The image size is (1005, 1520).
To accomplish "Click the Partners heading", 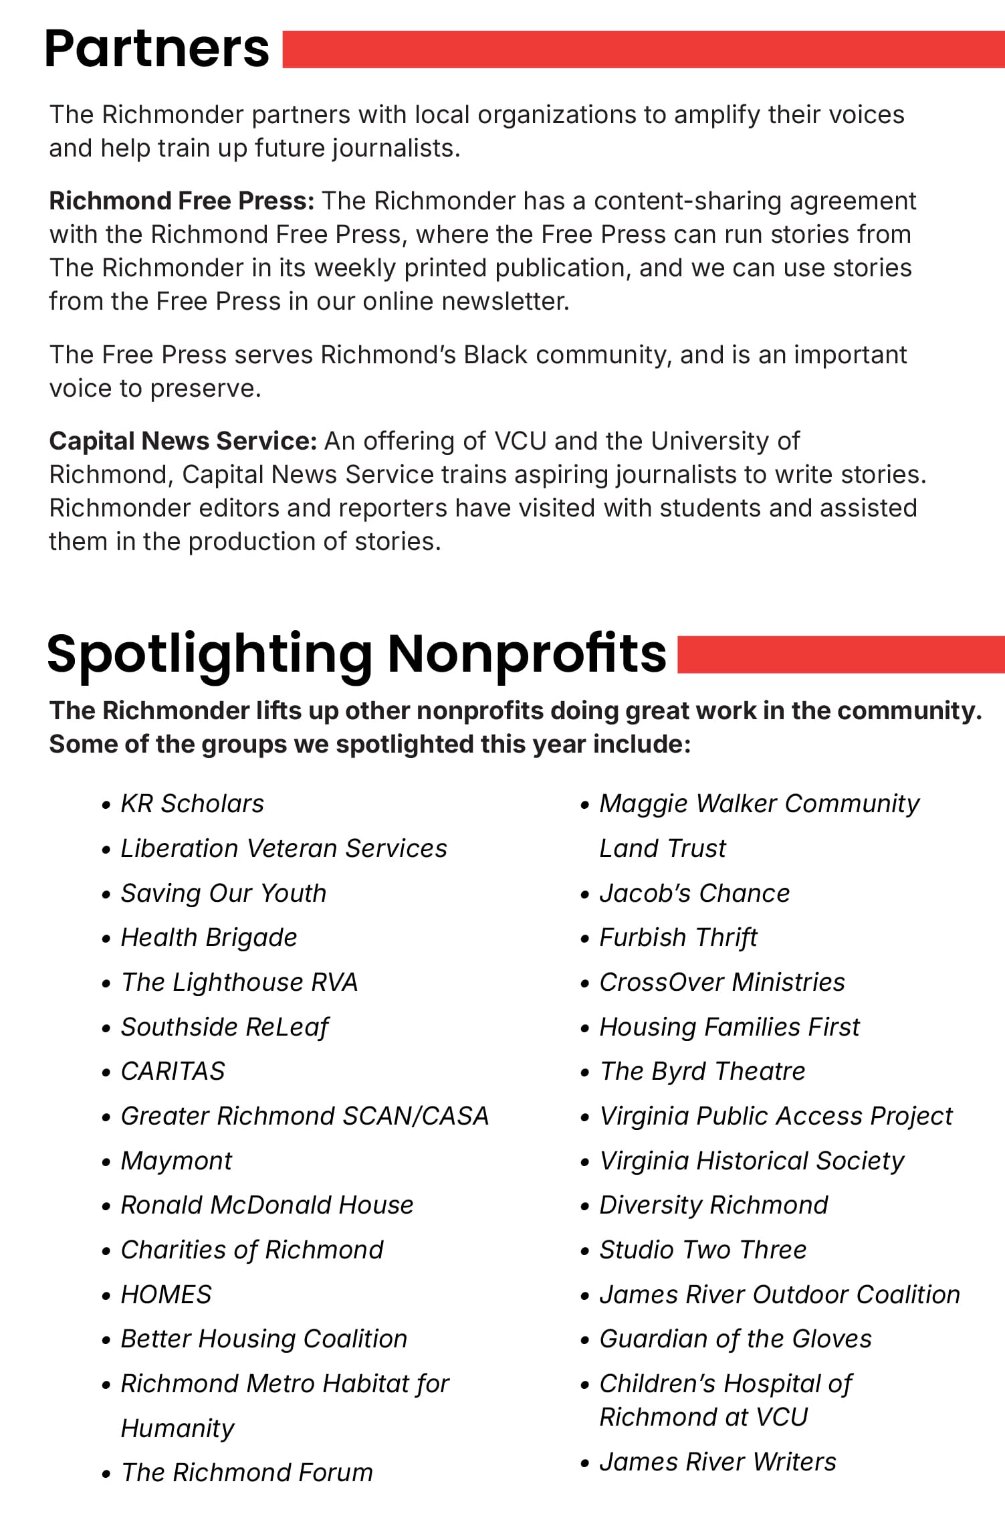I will (156, 49).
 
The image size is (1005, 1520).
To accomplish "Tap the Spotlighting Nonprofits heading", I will (356, 654).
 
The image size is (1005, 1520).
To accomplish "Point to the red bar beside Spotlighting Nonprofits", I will (840, 654).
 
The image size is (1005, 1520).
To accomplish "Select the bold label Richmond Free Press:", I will (182, 201).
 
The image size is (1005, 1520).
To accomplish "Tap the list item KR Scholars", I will (192, 803).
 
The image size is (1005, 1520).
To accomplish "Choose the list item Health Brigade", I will (209, 937).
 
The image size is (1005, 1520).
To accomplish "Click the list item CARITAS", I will (173, 1071).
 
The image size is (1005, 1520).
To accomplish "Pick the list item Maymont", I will (176, 1161).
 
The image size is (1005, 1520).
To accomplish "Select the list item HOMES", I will (166, 1295).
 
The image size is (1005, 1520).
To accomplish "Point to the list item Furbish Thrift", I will (678, 937).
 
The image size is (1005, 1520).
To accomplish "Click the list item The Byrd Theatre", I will (702, 1071).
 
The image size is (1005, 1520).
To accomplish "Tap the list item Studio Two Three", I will (703, 1250).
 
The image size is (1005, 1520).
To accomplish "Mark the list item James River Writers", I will (717, 1462).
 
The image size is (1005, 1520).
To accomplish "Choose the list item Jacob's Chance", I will (694, 893).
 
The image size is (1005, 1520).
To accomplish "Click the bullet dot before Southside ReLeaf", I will (106, 1028).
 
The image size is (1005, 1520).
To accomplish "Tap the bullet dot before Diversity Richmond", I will (585, 1207).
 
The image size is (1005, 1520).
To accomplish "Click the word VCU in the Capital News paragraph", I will (520, 442).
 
